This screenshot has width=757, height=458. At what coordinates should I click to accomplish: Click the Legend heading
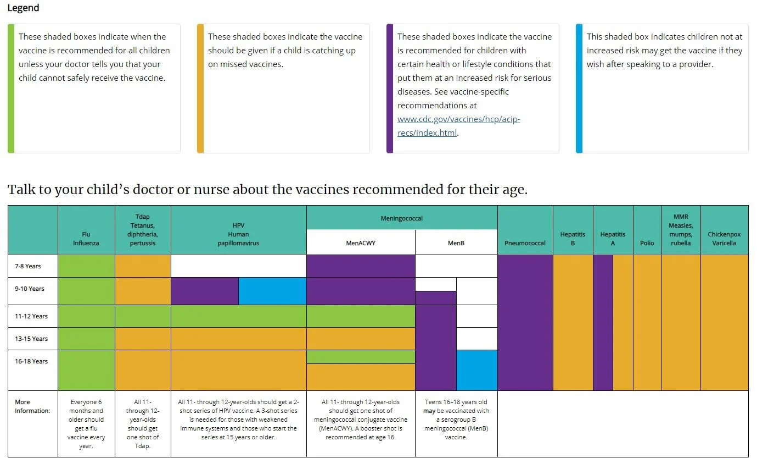(23, 8)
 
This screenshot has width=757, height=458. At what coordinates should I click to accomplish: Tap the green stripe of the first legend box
(11, 88)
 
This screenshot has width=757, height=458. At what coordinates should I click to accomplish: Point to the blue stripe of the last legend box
(579, 88)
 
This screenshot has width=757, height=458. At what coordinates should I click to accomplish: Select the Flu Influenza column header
(86, 238)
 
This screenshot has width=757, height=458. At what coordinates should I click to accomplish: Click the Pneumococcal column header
(525, 242)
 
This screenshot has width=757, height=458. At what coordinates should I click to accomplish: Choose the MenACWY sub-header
(361, 242)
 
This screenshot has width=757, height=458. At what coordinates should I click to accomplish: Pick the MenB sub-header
(456, 242)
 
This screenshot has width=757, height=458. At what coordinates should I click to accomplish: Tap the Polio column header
(647, 242)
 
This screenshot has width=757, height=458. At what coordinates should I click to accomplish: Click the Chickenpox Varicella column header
(724, 238)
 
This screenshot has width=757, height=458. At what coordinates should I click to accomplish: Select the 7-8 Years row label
(28, 266)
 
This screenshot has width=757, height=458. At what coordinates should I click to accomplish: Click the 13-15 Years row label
(31, 339)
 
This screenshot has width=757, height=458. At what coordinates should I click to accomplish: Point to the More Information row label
(32, 406)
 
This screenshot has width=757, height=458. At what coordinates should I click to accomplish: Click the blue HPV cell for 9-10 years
(272, 291)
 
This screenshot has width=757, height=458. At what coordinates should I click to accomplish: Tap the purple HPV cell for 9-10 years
(205, 291)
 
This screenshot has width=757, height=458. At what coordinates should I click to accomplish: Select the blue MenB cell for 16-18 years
(477, 370)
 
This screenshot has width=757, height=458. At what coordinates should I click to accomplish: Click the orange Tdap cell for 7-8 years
(143, 266)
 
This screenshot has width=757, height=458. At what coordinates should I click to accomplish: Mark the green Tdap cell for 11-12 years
(143, 316)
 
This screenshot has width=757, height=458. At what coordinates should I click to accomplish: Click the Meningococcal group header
(402, 218)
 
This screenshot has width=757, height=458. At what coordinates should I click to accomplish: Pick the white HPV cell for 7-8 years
(239, 266)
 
